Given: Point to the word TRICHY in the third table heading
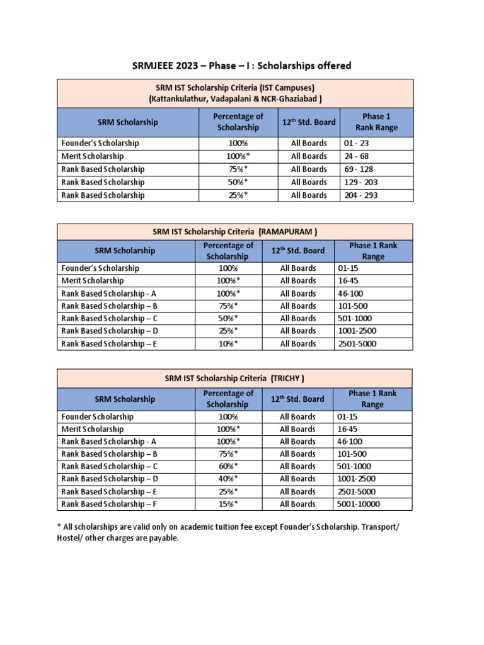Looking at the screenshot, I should (x=288, y=378).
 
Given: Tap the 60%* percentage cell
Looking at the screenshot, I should (x=228, y=466).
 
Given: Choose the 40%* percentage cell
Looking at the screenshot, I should (x=228, y=479).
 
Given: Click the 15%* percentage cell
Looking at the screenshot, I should (x=228, y=504).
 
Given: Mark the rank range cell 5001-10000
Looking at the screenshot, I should (x=359, y=504).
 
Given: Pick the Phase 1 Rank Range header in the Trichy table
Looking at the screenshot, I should (x=373, y=399).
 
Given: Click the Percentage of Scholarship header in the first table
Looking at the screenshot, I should (x=238, y=122).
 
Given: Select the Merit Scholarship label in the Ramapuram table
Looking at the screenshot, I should (x=93, y=280).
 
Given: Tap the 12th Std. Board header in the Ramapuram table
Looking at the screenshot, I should (x=298, y=251).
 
